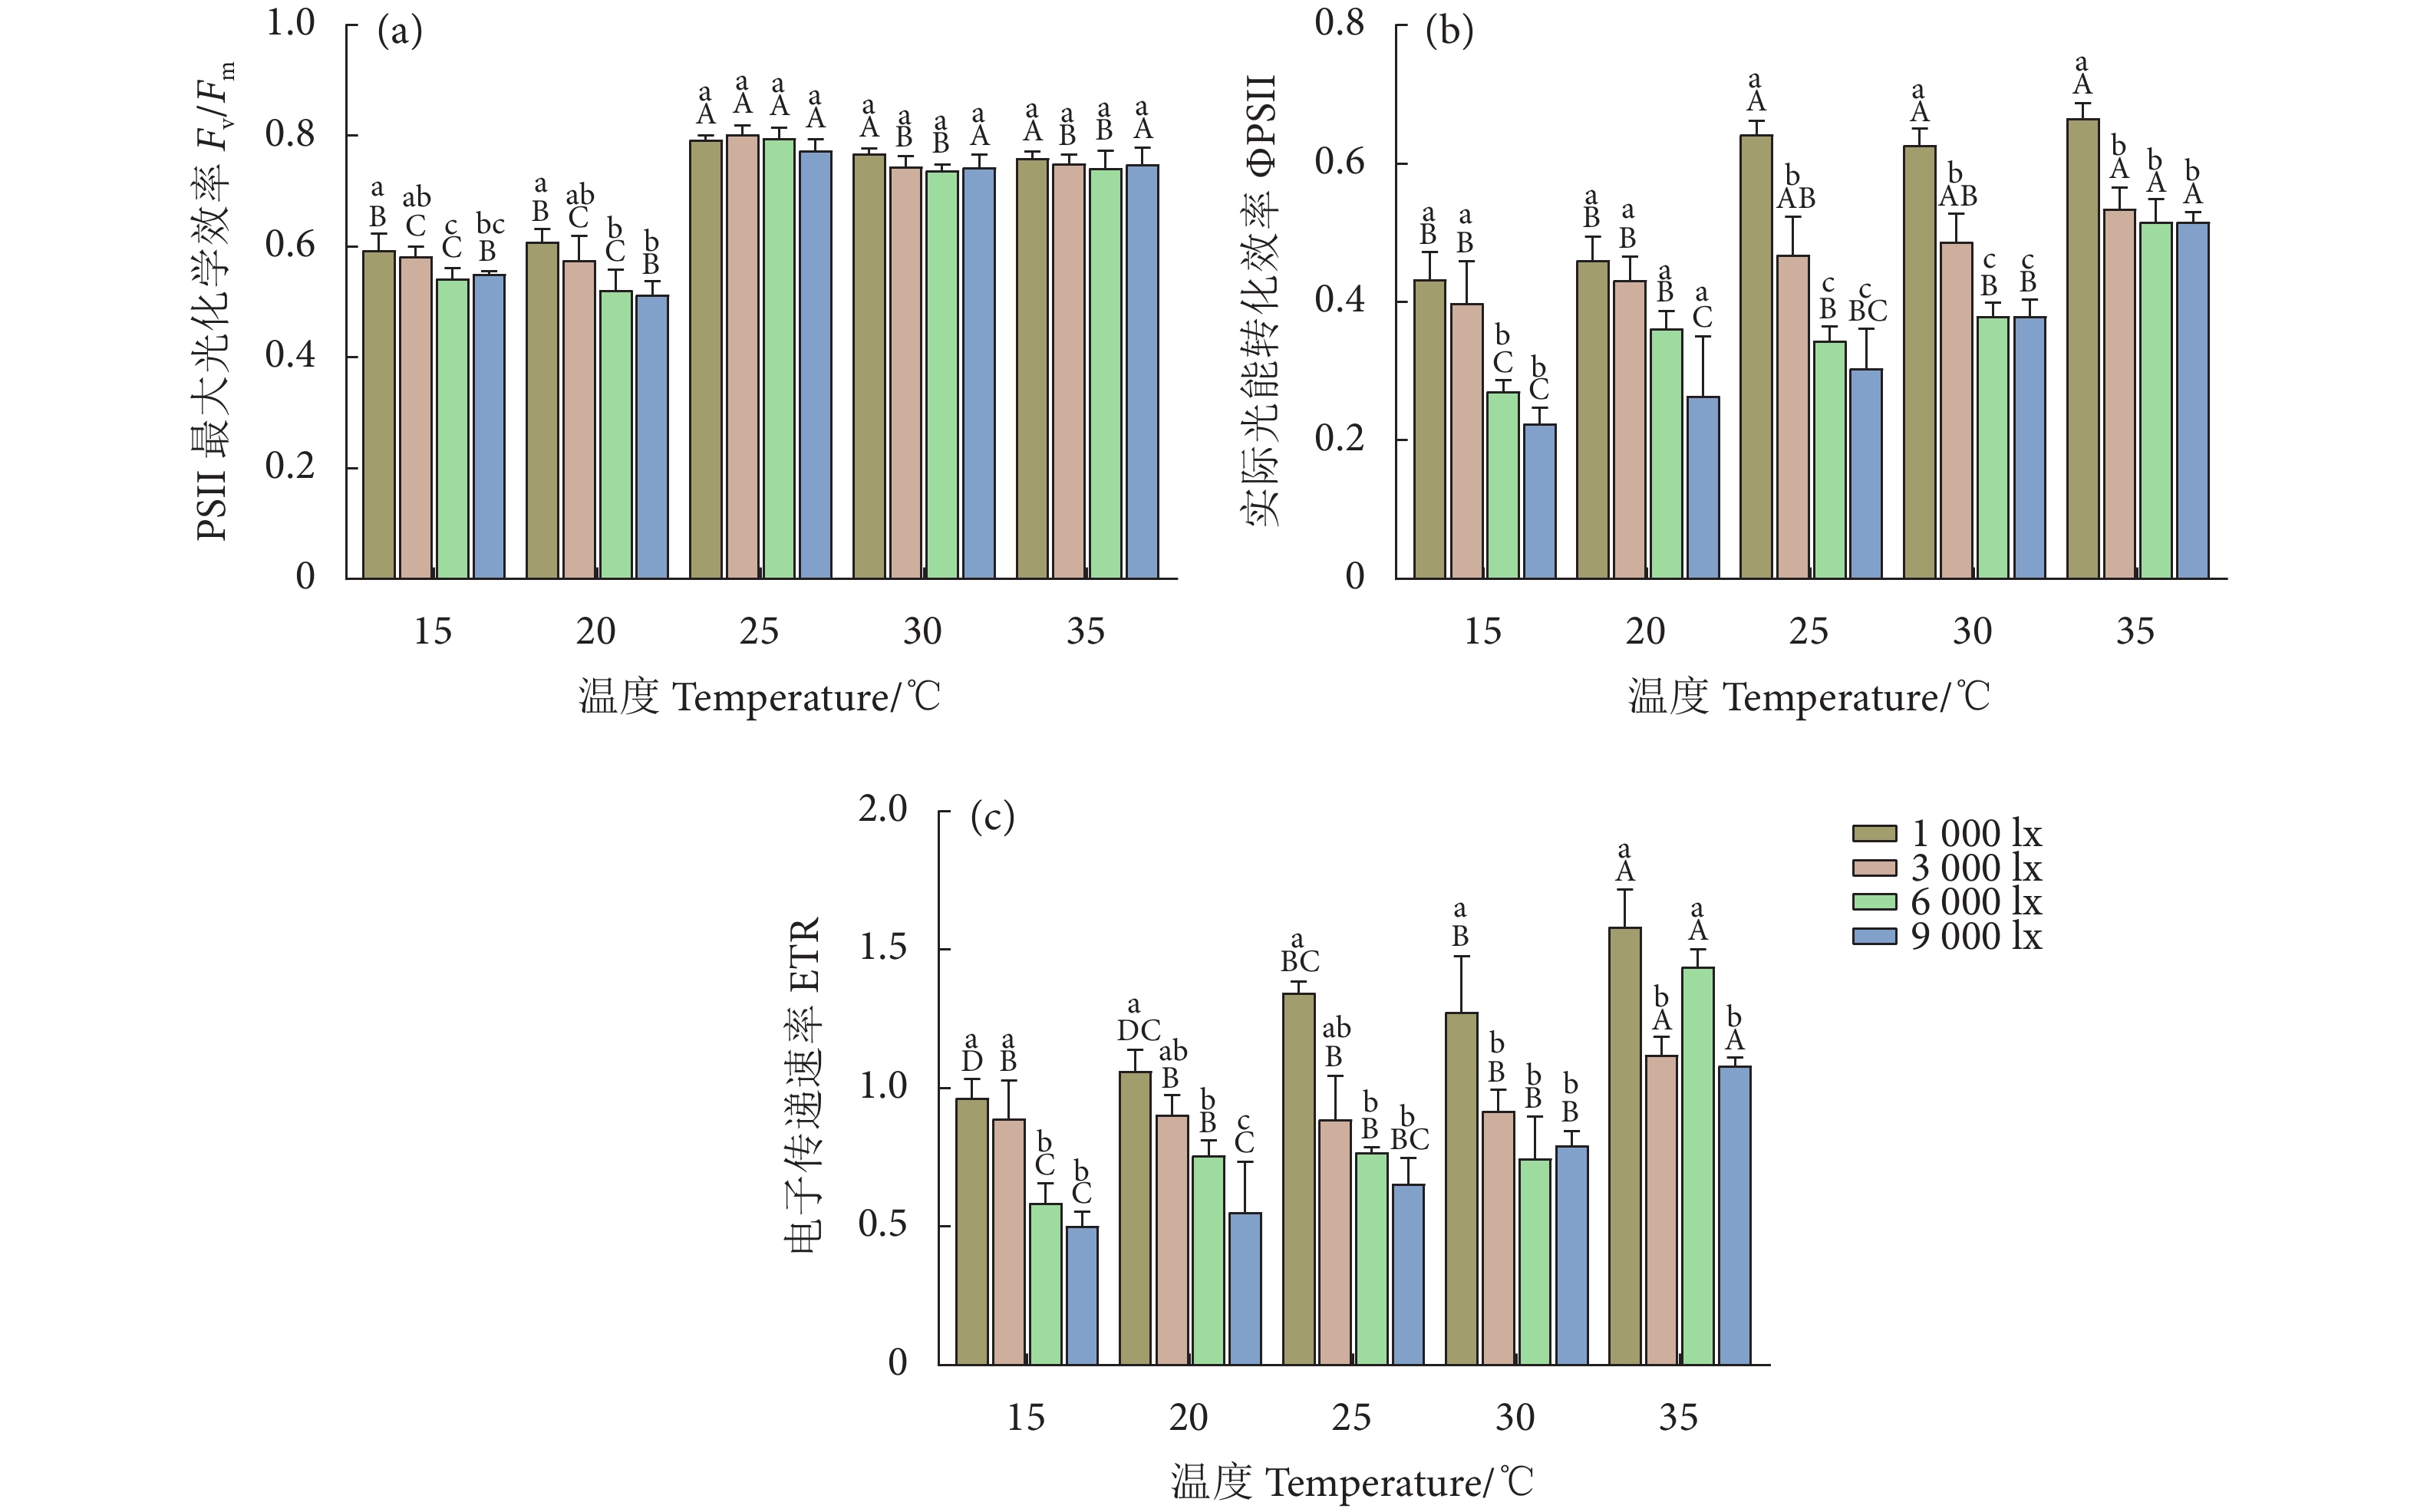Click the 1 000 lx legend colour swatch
(1874, 834)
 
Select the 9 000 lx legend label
(1976, 937)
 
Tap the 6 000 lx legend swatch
(1874, 902)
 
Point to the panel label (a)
(400, 32)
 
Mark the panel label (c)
(992, 818)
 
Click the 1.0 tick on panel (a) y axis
(290, 22)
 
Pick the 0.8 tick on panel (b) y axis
(1339, 22)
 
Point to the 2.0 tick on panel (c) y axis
(882, 808)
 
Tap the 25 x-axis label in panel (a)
(759, 631)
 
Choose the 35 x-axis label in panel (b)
(2134, 631)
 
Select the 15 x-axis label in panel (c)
(1025, 1417)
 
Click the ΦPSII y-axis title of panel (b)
(1262, 300)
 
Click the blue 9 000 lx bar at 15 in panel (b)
(1539, 501)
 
